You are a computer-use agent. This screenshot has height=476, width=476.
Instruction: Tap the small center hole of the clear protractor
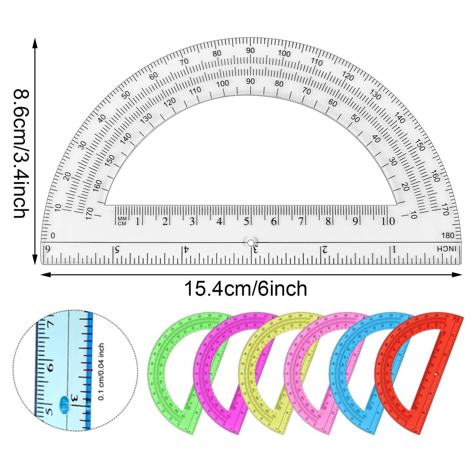click(250, 242)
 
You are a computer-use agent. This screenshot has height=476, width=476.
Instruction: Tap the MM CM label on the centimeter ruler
click(122, 221)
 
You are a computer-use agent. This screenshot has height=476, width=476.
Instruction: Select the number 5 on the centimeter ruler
click(247, 221)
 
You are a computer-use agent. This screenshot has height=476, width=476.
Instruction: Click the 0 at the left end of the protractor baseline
click(53, 236)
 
